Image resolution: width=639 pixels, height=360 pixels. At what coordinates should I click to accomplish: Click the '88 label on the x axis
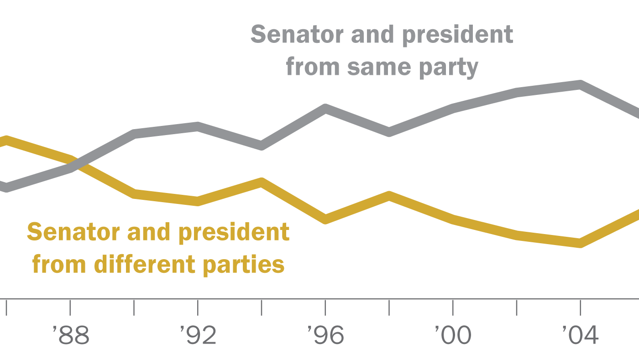click(71, 336)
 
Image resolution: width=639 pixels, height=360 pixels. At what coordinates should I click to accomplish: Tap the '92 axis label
click(198, 336)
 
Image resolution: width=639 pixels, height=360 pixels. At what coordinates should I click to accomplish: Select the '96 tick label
click(325, 336)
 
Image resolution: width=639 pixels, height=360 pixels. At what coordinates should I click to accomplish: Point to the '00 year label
click(452, 336)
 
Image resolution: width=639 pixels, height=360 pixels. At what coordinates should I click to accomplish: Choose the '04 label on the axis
click(580, 336)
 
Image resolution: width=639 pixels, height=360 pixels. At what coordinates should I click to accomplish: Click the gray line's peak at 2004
click(580, 84)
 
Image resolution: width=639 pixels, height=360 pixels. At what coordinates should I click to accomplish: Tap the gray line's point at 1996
click(325, 109)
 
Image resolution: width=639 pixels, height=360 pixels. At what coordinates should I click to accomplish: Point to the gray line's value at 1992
click(198, 126)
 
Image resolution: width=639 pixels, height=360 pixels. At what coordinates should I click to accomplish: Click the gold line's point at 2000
click(452, 218)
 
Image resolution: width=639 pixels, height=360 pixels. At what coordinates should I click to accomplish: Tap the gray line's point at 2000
click(452, 109)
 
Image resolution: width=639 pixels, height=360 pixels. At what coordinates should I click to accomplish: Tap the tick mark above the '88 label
click(70, 308)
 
